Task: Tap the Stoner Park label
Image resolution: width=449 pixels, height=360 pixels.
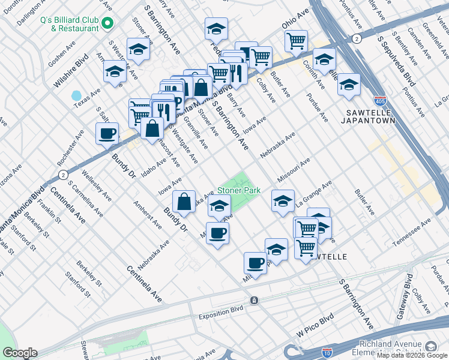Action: click(x=239, y=190)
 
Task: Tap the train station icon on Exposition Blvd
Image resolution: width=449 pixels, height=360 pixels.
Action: click(x=255, y=299)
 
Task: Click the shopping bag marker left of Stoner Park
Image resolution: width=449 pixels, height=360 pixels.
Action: click(x=184, y=201)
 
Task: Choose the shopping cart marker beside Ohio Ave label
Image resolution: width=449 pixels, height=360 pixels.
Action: click(x=296, y=41)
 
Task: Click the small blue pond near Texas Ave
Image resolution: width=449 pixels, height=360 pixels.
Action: click(x=76, y=95)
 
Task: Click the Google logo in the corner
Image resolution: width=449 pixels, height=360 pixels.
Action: click(x=19, y=353)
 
